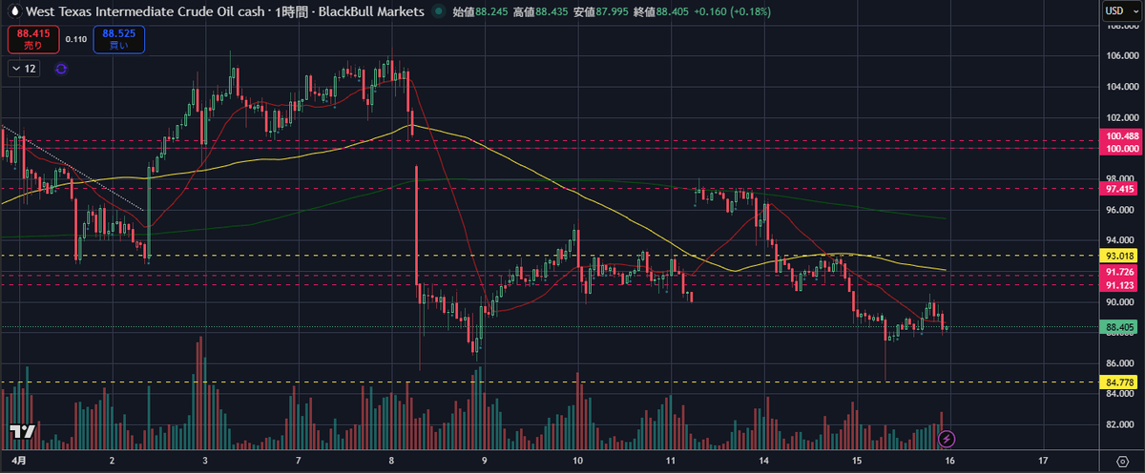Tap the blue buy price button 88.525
click(119, 39)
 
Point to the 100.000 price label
click(1122, 149)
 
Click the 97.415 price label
click(1122, 189)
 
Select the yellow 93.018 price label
click(1122, 256)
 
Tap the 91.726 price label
click(1122, 273)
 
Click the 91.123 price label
click(1122, 285)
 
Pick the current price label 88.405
click(1122, 327)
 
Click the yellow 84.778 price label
click(1122, 382)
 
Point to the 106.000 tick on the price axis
click(1123, 55)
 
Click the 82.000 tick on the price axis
click(1122, 424)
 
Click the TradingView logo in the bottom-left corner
click(23, 431)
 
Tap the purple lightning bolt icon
click(947, 439)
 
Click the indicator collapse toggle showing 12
click(25, 69)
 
